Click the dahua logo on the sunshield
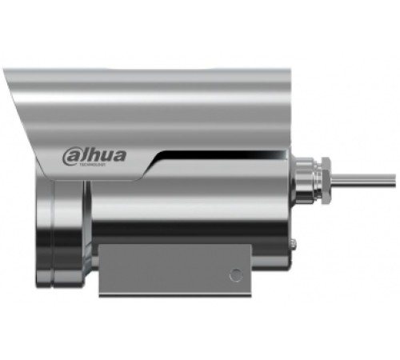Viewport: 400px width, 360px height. click(x=94, y=154)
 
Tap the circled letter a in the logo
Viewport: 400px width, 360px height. click(x=70, y=154)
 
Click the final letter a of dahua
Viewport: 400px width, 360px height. click(x=118, y=154)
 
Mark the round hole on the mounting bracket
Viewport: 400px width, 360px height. click(x=235, y=274)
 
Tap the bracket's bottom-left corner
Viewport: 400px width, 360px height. click(x=100, y=293)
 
